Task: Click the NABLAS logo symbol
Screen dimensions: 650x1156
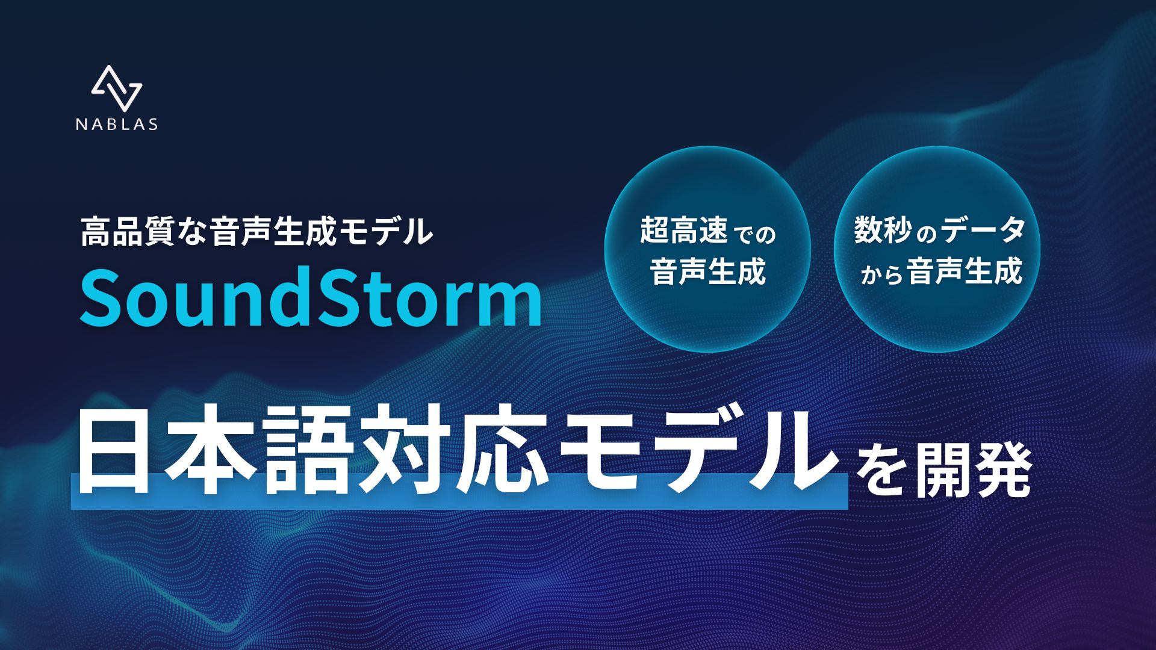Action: (117, 88)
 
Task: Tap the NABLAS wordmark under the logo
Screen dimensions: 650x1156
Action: (117, 125)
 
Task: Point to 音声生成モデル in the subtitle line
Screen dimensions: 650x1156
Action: (321, 232)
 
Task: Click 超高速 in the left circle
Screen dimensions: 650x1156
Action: (683, 231)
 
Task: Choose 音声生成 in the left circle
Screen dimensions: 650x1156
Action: (708, 271)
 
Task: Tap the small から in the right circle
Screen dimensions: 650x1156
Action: (881, 275)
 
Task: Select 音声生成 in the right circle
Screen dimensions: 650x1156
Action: (965, 271)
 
